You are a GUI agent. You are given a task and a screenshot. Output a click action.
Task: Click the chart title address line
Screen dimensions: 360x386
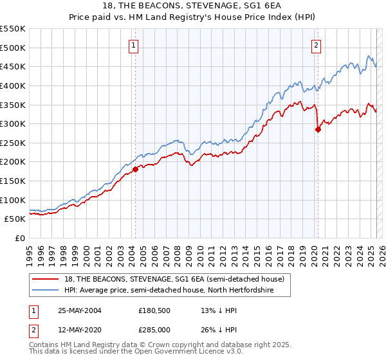[x=193, y=5]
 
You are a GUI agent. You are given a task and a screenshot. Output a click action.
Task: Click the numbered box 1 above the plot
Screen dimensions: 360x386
[x=133, y=45]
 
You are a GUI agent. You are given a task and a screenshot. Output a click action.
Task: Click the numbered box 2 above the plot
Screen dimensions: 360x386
[x=317, y=45]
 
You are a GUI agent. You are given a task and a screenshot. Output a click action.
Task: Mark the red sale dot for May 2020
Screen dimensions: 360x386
[x=318, y=129]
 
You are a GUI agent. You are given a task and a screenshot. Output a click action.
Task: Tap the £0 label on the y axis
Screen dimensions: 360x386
[x=19, y=238]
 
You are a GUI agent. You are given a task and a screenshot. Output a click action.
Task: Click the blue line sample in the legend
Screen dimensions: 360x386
[x=46, y=291]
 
